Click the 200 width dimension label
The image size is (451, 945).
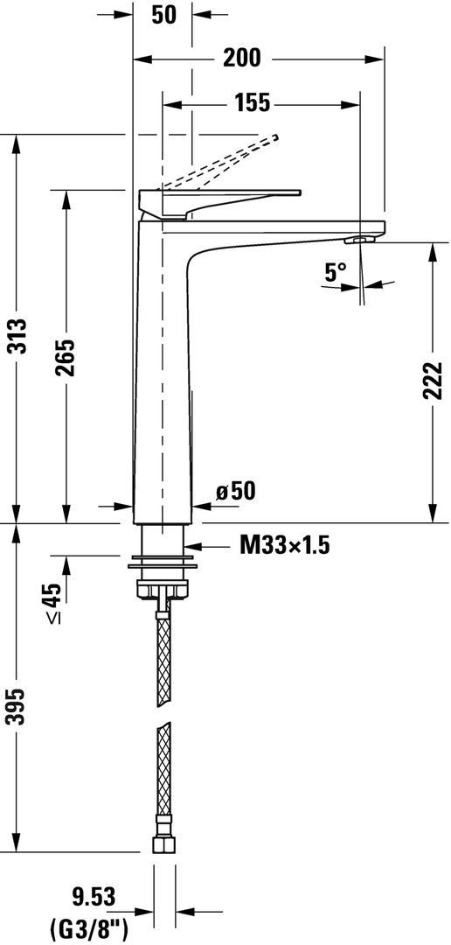242,59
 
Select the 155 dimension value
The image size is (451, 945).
252,103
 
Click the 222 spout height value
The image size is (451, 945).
433,381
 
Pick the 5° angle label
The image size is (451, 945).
336,272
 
